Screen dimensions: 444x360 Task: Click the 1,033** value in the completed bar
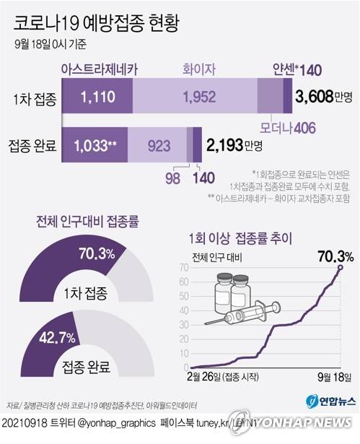pos(95,146)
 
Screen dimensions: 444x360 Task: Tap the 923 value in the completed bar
pos(158,146)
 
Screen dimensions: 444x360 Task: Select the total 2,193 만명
pos(233,146)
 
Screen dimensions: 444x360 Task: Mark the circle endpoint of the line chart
pos(340,267)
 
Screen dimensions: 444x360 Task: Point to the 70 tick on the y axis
pos(184,268)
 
